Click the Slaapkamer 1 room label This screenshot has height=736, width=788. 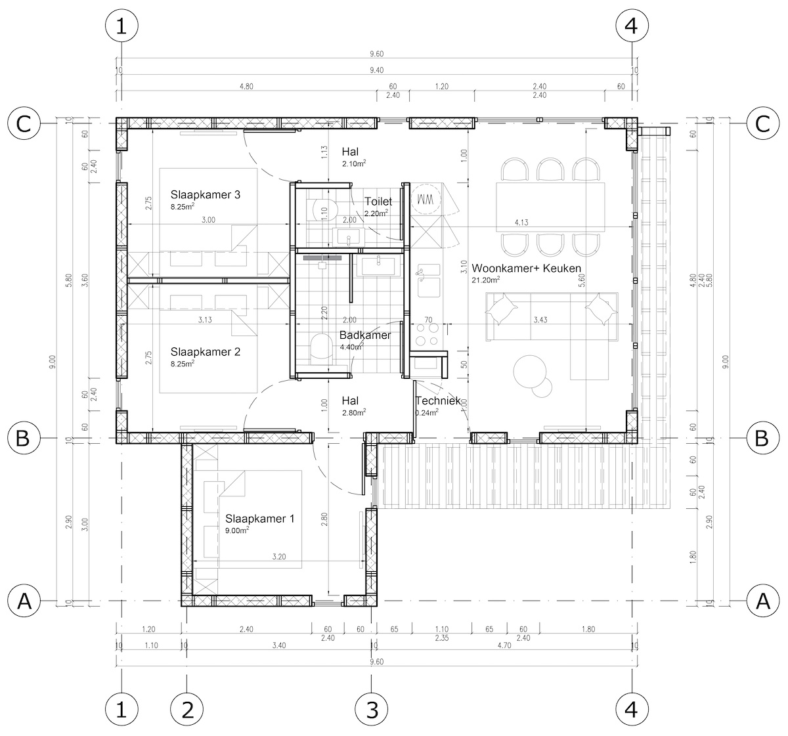pos(259,518)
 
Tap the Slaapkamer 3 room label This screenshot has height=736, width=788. pos(206,195)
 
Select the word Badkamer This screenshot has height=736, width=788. pos(365,335)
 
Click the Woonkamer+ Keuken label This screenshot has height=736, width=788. pos(526,269)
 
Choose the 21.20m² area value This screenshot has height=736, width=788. pos(485,280)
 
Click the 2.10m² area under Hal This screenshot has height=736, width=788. pos(354,163)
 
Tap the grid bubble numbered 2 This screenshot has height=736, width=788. pos(186,710)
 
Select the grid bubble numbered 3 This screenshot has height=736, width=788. pos(372,710)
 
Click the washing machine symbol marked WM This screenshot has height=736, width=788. pos(424,199)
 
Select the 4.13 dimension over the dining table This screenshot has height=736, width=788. pos(521,222)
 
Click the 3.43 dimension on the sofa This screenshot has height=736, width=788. pos(540,320)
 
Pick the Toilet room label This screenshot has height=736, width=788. pos(378,202)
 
